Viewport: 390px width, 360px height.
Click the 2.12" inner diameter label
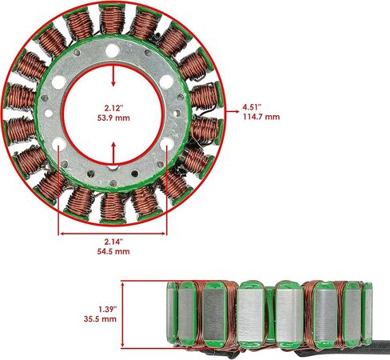[x=113, y=108]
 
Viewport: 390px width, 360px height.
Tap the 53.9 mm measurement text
[x=113, y=118]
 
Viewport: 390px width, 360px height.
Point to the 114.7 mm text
[x=261, y=117]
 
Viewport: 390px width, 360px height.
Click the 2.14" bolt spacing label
[x=113, y=242]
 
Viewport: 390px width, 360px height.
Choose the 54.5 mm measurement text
[x=113, y=251]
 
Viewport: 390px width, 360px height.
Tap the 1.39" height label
[x=108, y=310]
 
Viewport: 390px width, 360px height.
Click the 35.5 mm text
[x=100, y=319]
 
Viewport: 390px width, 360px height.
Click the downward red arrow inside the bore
[x=113, y=76]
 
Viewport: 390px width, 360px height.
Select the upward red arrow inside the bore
[x=113, y=153]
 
